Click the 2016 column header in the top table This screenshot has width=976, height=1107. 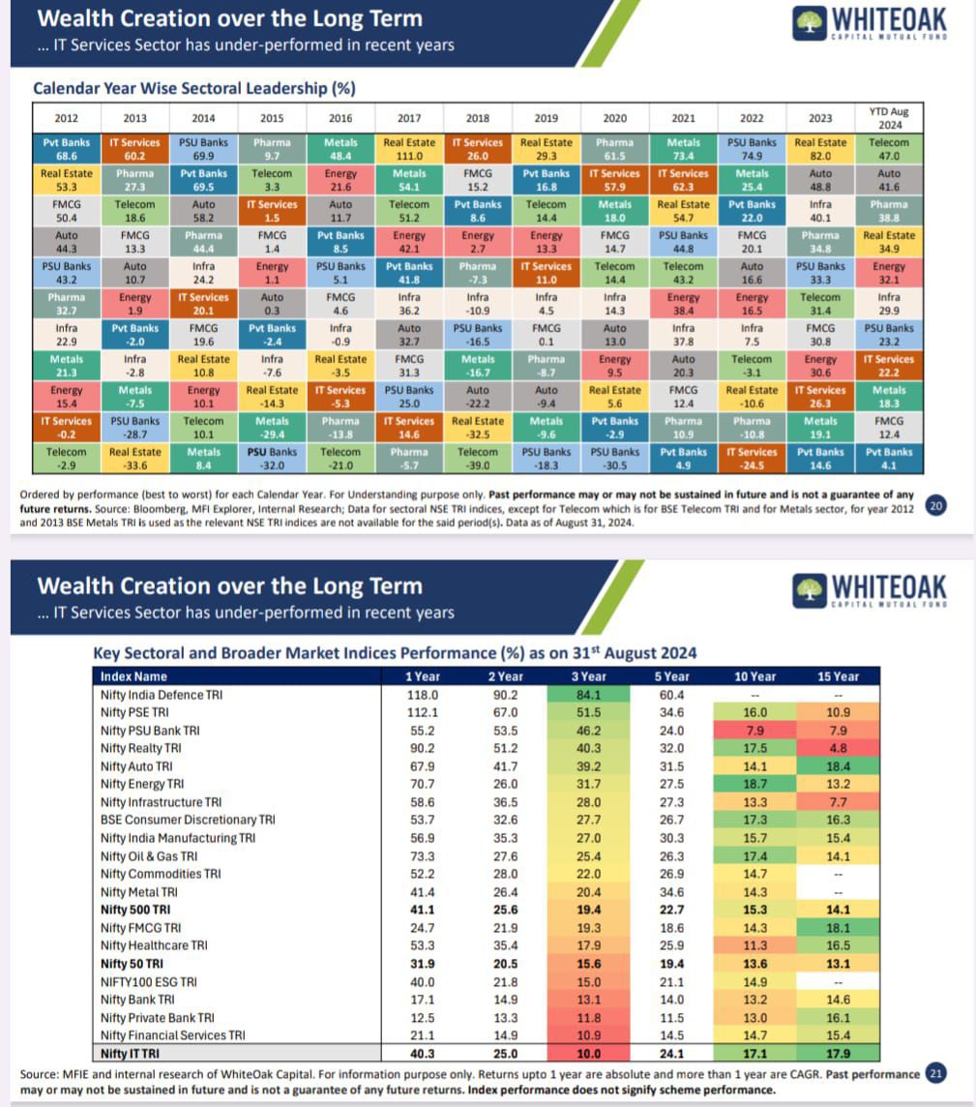click(x=340, y=118)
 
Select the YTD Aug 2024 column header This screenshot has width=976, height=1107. click(x=888, y=118)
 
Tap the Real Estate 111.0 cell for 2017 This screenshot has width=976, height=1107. click(x=409, y=149)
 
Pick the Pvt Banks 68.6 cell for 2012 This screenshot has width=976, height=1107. click(x=67, y=149)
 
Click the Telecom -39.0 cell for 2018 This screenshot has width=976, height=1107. click(x=478, y=459)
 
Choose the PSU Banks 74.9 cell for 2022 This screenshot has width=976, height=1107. click(x=752, y=149)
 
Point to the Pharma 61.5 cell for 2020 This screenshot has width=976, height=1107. click(x=614, y=149)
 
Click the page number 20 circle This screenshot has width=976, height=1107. click(x=935, y=505)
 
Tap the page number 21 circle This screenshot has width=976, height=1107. click(x=935, y=1074)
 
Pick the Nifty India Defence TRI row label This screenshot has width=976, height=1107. click(x=160, y=695)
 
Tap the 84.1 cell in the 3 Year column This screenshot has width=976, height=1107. click(x=588, y=695)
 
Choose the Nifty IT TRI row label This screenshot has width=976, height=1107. click(x=131, y=1054)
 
